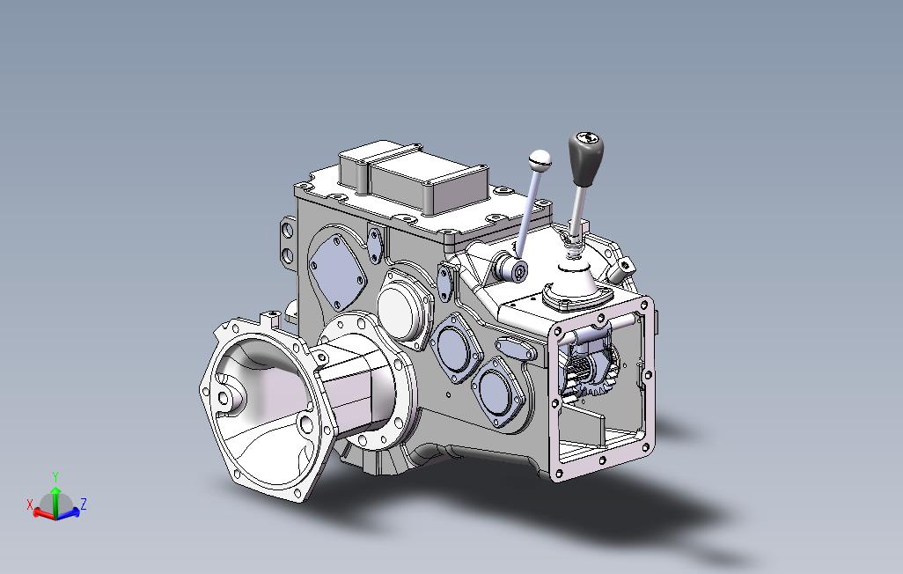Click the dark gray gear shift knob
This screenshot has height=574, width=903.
click(x=585, y=157)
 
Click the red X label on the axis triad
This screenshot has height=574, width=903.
click(x=29, y=504)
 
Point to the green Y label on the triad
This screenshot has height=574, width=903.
click(x=55, y=477)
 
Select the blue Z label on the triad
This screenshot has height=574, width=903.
click(x=84, y=504)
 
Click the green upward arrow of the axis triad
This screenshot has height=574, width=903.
click(x=55, y=499)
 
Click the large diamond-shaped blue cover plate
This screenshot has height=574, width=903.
click(x=338, y=271)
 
